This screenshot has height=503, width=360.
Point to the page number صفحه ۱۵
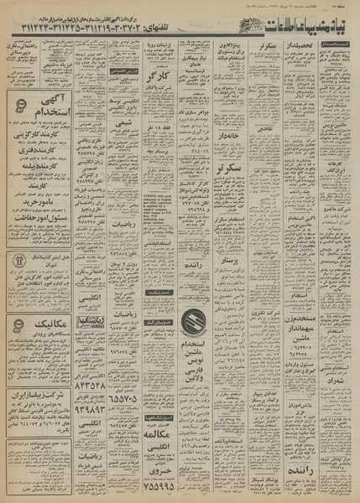345,7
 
